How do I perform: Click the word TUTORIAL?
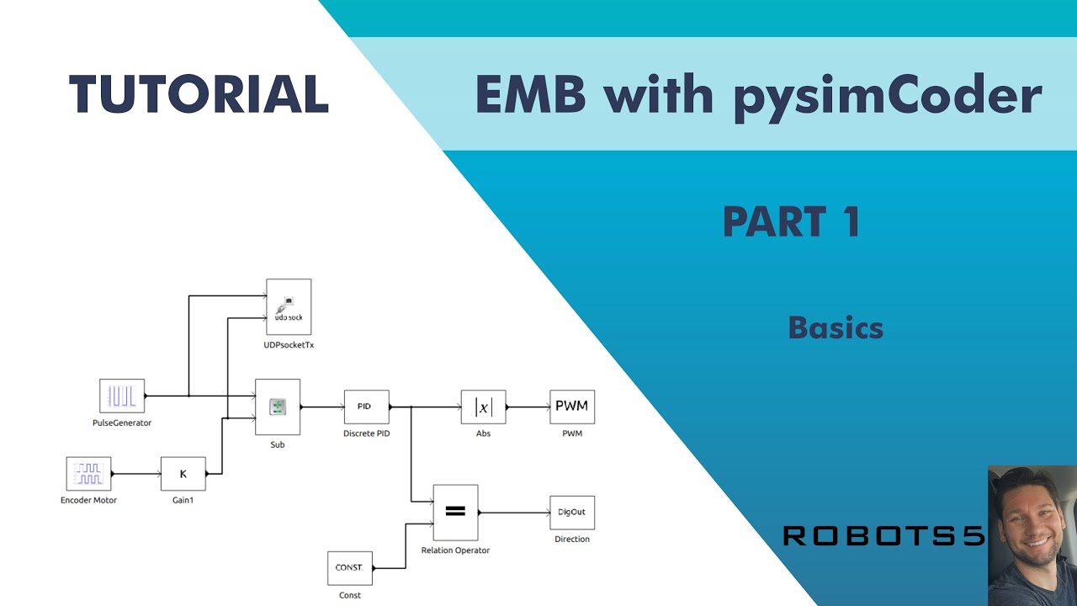(x=199, y=93)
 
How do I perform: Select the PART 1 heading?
(x=791, y=221)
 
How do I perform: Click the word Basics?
(x=836, y=327)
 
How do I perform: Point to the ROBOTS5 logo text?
(x=883, y=536)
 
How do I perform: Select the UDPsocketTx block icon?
(x=289, y=307)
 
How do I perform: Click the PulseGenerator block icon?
(x=122, y=396)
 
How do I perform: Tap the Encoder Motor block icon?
(x=88, y=474)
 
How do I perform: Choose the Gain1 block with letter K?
(x=183, y=474)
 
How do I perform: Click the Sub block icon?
(x=278, y=407)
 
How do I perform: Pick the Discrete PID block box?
(x=366, y=407)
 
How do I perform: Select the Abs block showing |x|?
(x=483, y=407)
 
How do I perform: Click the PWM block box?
(x=572, y=407)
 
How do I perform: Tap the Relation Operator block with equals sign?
(x=455, y=513)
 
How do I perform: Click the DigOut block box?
(x=572, y=513)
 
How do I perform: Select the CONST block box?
(x=349, y=568)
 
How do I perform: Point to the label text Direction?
(x=572, y=539)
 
